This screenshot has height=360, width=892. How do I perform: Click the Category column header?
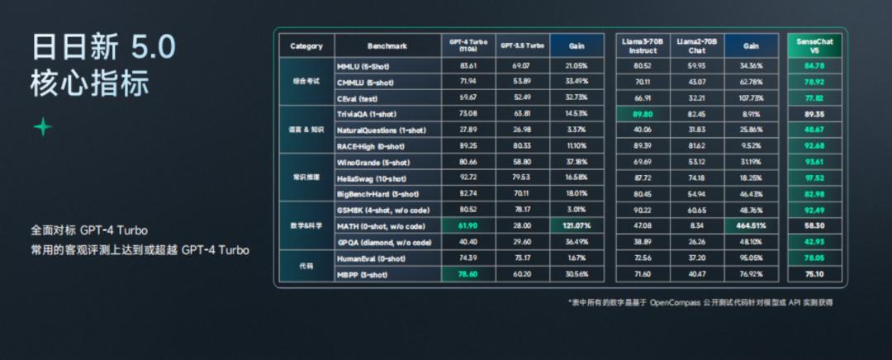click(306, 46)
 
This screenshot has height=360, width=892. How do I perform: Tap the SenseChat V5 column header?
click(814, 45)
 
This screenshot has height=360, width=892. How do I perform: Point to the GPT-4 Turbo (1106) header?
click(468, 45)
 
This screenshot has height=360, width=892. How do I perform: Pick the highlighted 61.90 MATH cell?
click(468, 225)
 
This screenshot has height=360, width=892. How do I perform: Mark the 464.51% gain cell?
click(751, 225)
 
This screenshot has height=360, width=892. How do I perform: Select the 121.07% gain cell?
click(576, 225)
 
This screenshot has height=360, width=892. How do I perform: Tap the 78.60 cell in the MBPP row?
click(468, 274)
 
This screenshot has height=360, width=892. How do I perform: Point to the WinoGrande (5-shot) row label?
click(373, 162)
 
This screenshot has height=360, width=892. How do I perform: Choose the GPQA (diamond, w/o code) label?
click(384, 242)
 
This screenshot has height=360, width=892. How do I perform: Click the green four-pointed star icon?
click(42, 126)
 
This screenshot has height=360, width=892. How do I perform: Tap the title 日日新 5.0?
click(103, 47)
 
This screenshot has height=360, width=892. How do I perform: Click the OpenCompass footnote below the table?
click(700, 302)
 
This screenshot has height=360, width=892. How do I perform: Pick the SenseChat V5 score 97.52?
click(814, 178)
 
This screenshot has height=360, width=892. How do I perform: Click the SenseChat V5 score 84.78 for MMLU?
click(814, 65)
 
